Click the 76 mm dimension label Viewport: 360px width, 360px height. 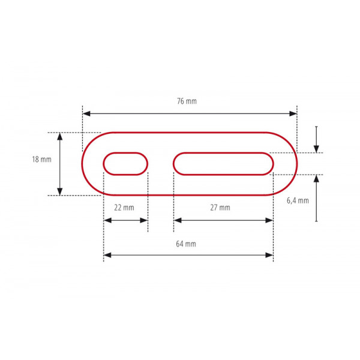187,101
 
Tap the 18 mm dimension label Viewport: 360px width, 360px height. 41,160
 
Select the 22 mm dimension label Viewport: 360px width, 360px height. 124,208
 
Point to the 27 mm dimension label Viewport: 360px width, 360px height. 220,208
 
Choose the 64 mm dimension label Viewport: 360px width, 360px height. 186,244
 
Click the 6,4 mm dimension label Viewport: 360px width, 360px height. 298,200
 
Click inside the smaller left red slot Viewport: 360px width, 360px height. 125,164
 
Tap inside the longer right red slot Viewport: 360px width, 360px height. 223,164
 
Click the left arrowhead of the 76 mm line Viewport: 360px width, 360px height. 86,113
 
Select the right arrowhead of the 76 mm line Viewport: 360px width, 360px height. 293,113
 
